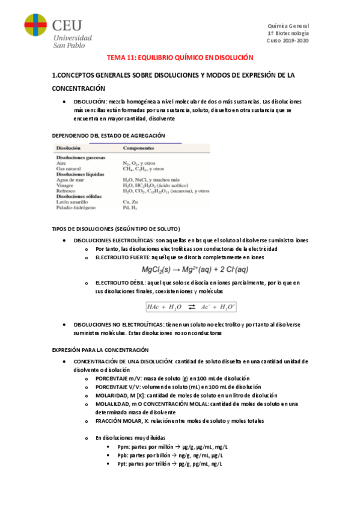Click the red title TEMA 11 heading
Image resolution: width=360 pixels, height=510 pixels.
pyautogui.click(x=180, y=57)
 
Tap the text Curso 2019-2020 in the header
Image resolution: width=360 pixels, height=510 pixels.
pyautogui.click(x=288, y=41)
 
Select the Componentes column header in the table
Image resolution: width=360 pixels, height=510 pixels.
pyautogui.click(x=139, y=148)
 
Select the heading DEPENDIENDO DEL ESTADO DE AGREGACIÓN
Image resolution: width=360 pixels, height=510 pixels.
pyautogui.click(x=109, y=136)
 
